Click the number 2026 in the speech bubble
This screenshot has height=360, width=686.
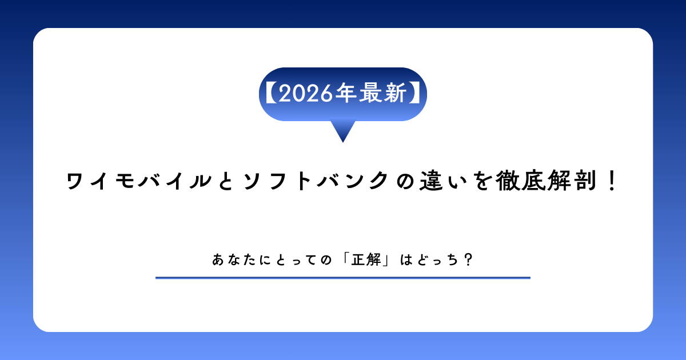tap(306, 93)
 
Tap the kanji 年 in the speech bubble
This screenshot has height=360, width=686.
tap(345, 93)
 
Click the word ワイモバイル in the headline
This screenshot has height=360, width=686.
tap(139, 181)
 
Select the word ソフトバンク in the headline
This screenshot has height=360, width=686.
tap(316, 181)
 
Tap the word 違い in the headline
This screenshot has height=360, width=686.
tap(444, 181)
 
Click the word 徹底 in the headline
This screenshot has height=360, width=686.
tap(521, 181)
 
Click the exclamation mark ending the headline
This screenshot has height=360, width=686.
tap(612, 181)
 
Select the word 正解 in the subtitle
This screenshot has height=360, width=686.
tap(366, 260)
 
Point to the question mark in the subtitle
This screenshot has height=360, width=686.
tap(469, 260)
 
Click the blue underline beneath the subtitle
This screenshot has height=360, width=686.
tap(342, 278)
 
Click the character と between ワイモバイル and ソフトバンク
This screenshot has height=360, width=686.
tap(226, 181)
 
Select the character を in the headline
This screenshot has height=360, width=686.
tap(482, 181)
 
